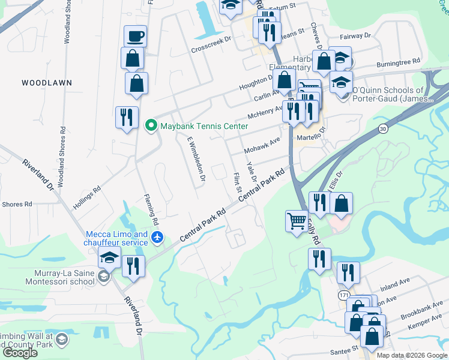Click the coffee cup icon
coord(135,36)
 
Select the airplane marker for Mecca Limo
coord(157,238)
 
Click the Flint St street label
coord(236,183)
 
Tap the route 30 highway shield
coord(383,128)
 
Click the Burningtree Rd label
coord(398,62)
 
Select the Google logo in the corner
coord(19,353)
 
